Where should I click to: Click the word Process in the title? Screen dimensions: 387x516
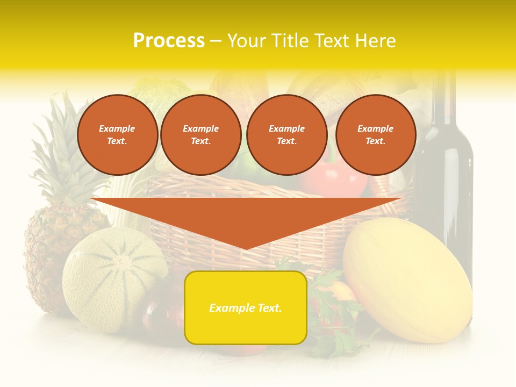169,41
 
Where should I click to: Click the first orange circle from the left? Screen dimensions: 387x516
117,135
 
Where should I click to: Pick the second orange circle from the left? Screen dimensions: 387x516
200,135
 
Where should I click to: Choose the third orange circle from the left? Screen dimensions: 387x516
286,135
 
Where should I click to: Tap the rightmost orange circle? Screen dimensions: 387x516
375,135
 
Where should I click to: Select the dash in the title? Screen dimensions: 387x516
216,41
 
